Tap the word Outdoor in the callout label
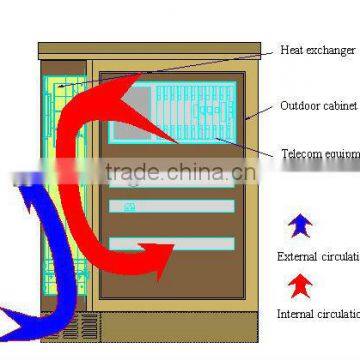299,105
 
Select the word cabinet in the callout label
340,105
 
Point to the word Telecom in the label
300,154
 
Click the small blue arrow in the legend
300,225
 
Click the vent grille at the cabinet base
88,326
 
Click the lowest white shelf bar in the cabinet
170,243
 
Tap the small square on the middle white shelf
128,207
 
